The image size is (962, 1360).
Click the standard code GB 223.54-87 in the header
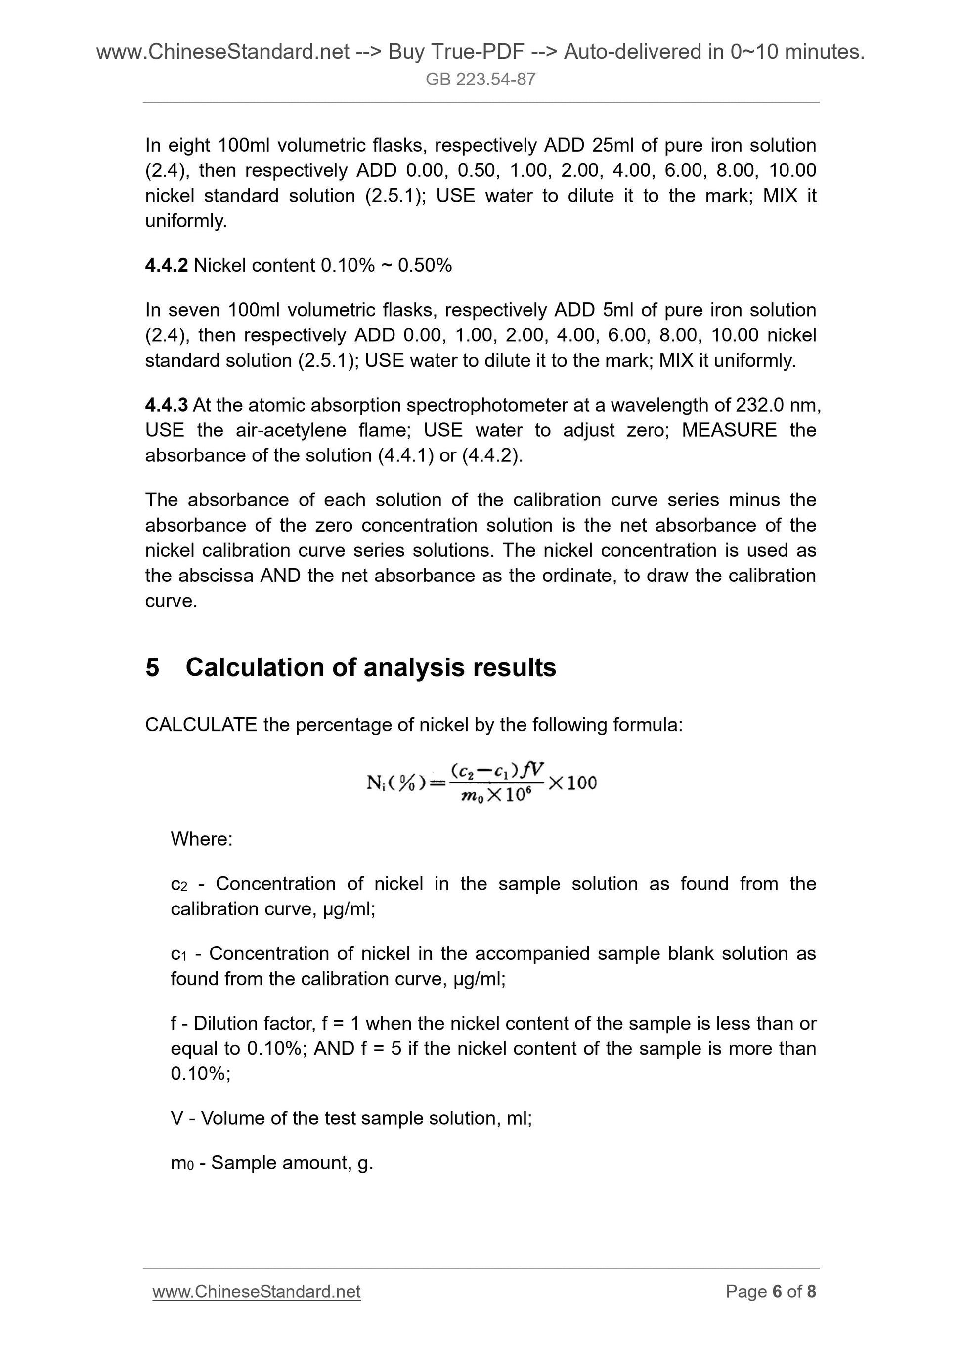481,80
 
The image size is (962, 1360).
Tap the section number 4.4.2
166,265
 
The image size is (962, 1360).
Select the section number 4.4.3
166,405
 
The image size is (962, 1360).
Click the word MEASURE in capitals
729,430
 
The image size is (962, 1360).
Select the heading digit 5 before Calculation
152,667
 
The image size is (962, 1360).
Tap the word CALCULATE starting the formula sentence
201,724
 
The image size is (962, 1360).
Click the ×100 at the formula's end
572,783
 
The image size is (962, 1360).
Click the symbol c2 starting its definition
178,885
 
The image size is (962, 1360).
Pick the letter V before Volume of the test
176,1118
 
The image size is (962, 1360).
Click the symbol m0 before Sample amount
181,1163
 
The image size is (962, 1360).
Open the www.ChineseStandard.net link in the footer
257,1292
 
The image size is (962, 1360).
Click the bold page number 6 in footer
777,1292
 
